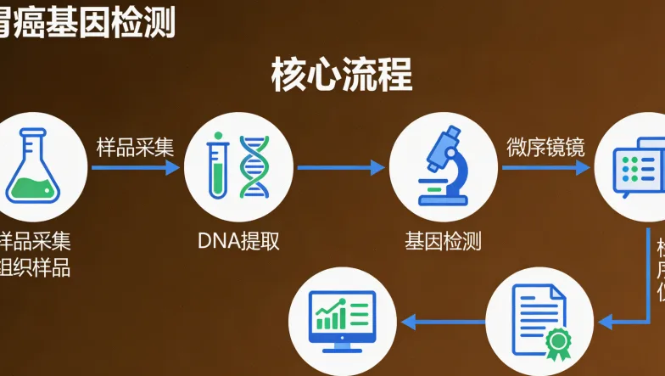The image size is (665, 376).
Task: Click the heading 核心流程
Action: click(x=342, y=76)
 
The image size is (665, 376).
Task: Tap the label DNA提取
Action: click(x=238, y=241)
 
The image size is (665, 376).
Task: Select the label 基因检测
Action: click(x=443, y=241)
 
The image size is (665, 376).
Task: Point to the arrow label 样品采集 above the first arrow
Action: click(x=135, y=147)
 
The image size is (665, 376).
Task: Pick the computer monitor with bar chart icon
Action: click(x=344, y=321)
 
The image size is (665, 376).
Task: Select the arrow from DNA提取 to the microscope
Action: click(x=341, y=168)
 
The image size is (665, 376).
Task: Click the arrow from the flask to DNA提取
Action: click(x=136, y=168)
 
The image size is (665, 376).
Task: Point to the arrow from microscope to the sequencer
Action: click(x=545, y=168)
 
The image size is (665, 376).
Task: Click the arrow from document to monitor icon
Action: click(x=443, y=322)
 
